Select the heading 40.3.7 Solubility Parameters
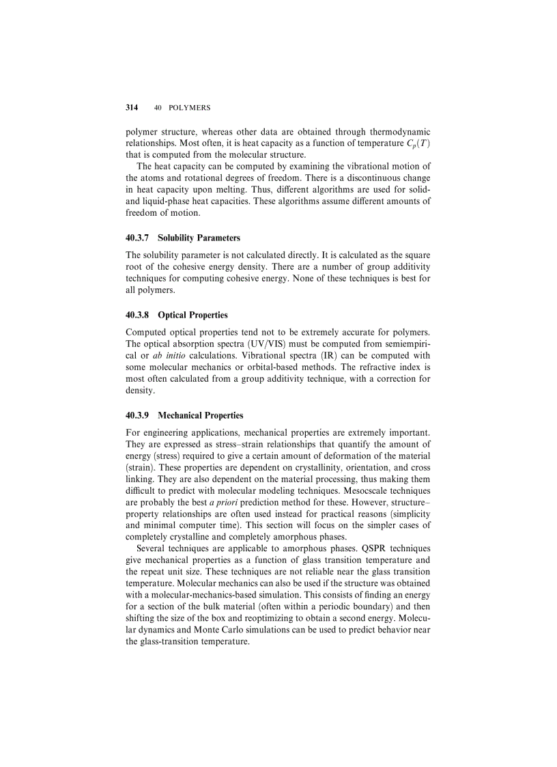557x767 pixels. [x=183, y=238]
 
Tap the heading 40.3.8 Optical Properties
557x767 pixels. [x=177, y=315]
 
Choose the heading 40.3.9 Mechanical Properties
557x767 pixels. [x=184, y=415]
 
